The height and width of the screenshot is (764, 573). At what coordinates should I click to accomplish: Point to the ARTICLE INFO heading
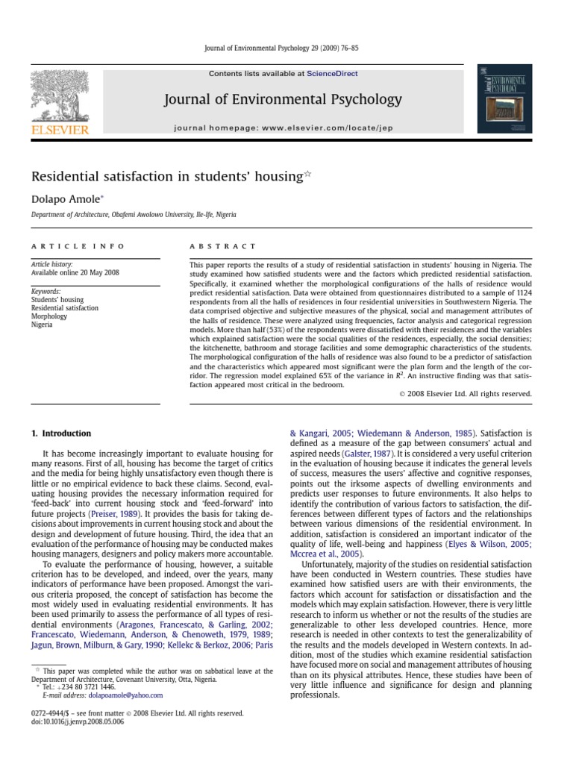click(x=78, y=246)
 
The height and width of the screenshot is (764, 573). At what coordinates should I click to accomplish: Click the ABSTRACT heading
click(x=223, y=246)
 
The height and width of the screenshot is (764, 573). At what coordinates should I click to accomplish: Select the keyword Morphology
click(x=48, y=316)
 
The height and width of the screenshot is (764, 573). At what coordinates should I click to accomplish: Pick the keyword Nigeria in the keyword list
click(x=42, y=325)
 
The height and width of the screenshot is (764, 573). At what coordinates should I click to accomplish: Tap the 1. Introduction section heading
click(x=60, y=433)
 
